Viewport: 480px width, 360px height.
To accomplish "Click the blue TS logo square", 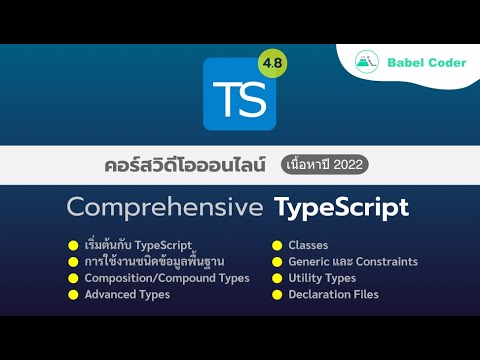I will click(239, 95).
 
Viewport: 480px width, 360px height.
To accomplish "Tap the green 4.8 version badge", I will click(271, 63).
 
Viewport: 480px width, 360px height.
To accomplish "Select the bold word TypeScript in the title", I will click(341, 209).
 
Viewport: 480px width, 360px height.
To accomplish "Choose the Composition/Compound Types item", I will click(167, 278).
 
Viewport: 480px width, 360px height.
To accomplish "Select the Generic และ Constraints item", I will click(352, 262).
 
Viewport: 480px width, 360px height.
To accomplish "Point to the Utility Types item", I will click(321, 278).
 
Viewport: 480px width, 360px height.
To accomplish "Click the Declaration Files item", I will click(335, 295).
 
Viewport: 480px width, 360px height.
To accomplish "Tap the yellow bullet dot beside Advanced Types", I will click(73, 295).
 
